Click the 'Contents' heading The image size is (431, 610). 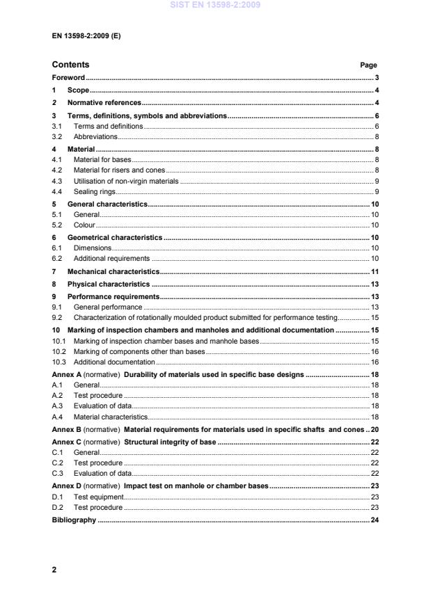point(70,65)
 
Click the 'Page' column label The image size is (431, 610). point(368,65)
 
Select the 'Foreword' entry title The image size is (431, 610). point(68,78)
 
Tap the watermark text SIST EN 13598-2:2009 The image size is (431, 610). point(215,5)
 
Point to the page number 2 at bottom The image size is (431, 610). point(54,570)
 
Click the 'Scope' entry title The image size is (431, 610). point(78,90)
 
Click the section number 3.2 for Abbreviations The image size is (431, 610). point(58,137)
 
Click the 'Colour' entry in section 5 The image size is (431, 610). point(84,225)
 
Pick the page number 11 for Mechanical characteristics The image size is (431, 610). point(374,271)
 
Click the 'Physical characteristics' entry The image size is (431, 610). point(108,284)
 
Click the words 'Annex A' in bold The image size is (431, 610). point(67,374)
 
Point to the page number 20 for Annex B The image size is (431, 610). point(374,429)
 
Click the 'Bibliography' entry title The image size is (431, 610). point(74,520)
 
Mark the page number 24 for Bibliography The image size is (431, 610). point(374,520)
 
